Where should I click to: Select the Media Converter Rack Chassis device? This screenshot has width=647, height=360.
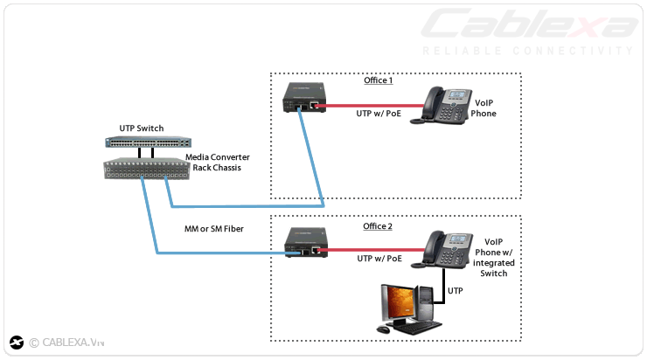[146, 169]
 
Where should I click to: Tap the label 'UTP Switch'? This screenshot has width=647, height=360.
[141, 128]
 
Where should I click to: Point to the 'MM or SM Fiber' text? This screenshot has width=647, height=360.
[213, 229]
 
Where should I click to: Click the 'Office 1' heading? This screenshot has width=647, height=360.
[378, 80]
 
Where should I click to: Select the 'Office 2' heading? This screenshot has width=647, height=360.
[378, 226]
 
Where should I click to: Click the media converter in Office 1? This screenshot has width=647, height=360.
[303, 97]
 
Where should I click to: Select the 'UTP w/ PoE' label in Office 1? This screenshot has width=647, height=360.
[379, 114]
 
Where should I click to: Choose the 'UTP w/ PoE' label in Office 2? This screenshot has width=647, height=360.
[379, 259]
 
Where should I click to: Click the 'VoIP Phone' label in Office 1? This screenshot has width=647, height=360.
[484, 107]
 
